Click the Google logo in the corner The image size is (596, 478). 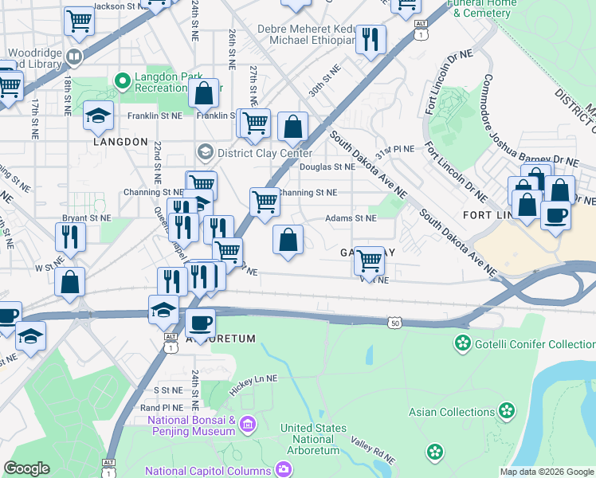pyautogui.click(x=27, y=468)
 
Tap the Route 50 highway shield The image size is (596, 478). pyautogui.click(x=395, y=322)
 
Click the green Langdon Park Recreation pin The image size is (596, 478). pyautogui.click(x=123, y=80)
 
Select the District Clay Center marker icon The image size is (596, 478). pyautogui.click(x=206, y=152)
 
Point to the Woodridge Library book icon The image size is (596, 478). pyautogui.click(x=74, y=57)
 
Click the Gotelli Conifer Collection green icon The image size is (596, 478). pyautogui.click(x=461, y=343)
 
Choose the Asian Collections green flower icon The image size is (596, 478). pyautogui.click(x=507, y=412)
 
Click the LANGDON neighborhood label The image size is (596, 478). pyautogui.click(x=120, y=142)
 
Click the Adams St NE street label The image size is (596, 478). pyautogui.click(x=350, y=217)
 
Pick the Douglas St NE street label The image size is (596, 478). pyautogui.click(x=327, y=167)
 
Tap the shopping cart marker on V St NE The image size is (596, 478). pyautogui.click(x=368, y=260)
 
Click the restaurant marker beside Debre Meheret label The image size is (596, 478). pyautogui.click(x=370, y=39)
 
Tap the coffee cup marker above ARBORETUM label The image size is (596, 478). pyautogui.click(x=200, y=322)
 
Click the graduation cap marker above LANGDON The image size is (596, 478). pyautogui.click(x=98, y=116)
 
